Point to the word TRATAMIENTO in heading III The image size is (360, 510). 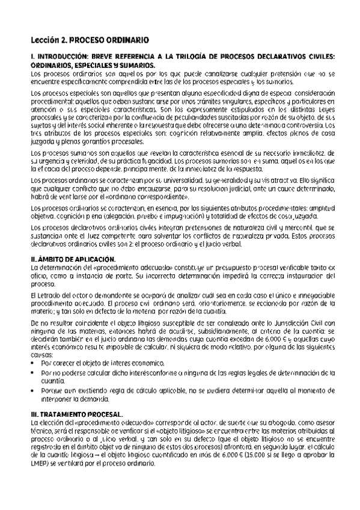point(63,414)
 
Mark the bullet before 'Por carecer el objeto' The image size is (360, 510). point(36,364)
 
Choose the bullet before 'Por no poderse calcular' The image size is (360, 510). point(36,373)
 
